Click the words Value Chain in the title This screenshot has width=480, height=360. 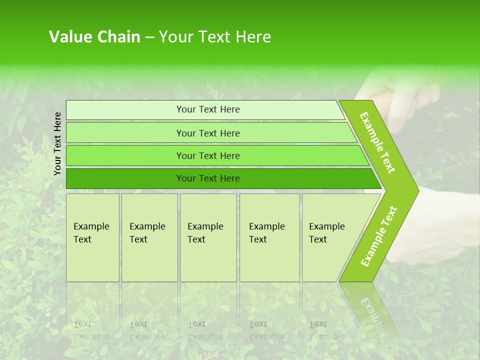coord(94,37)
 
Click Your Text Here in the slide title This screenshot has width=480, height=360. coord(215,37)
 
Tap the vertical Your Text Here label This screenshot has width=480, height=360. coord(57,143)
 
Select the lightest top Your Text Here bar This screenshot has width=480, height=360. coord(207,109)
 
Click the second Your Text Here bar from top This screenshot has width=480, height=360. coord(207,133)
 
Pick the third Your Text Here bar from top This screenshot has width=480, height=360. coord(207,155)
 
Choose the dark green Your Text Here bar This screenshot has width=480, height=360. coord(207,178)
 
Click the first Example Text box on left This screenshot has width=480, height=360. coord(92,237)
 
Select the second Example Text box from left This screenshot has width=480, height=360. coord(149,237)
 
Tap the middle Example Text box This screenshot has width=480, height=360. coord(207,237)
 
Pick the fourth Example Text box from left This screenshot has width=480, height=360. coord(269,237)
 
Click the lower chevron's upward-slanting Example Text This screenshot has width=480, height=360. coord(379,236)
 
